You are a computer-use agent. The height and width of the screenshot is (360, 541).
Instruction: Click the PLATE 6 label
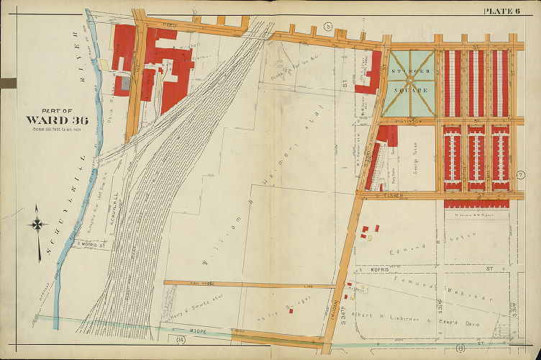[506, 10]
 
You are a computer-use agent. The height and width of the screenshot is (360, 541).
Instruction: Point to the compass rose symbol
[37, 225]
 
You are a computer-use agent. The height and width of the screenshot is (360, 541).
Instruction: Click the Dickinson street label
[412, 120]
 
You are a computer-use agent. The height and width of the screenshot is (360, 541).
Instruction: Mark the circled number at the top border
[327, 27]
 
